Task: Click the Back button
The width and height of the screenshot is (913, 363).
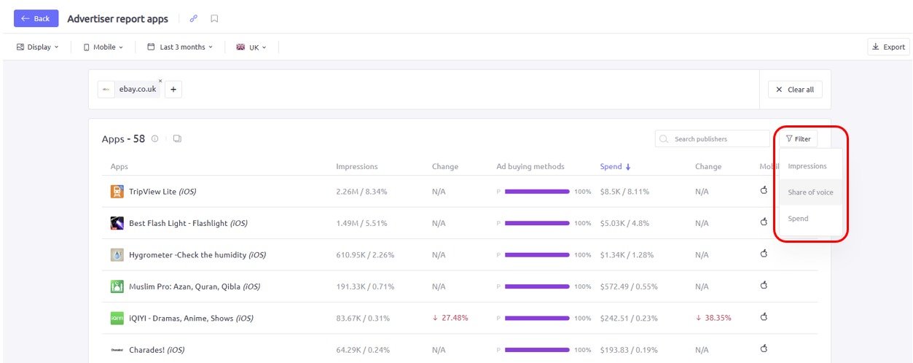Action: pos(36,18)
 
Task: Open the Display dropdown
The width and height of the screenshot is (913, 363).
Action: pos(38,47)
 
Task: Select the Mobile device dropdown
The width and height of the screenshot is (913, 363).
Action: pos(103,47)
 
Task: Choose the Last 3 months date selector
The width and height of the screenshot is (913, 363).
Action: pos(180,47)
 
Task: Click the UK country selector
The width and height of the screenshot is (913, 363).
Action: pos(251,47)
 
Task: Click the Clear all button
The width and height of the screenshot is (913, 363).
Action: pos(795,90)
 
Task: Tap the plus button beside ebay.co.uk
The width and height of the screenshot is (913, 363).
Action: pos(173,90)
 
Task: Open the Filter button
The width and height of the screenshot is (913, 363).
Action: pos(798,138)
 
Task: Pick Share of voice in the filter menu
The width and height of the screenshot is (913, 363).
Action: pos(810,192)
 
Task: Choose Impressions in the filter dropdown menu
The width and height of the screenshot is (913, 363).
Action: pos(807,166)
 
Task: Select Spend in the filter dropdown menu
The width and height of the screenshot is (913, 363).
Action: pos(798,219)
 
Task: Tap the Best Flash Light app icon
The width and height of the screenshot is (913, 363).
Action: pos(117,223)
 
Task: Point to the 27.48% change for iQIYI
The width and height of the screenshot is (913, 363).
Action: pos(450,318)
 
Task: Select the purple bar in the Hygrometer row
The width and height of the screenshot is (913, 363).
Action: pos(537,255)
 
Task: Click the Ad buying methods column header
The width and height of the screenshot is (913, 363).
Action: pos(530,166)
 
